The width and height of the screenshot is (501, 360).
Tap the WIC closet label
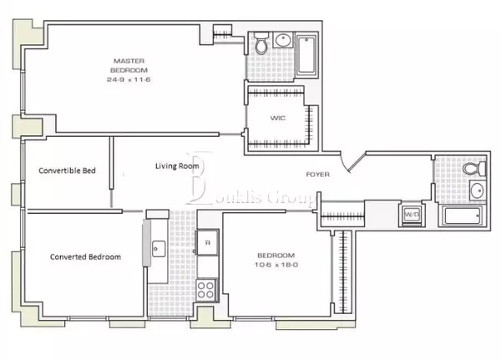[x=277, y=119]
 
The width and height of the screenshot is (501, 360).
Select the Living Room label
[x=176, y=166]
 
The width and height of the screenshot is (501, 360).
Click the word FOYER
[x=318, y=175]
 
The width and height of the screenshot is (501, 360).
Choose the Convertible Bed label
[x=68, y=171]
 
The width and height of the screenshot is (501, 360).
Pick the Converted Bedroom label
[x=85, y=257]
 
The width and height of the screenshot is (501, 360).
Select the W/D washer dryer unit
[x=412, y=215]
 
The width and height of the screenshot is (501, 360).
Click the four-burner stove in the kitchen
[x=207, y=289]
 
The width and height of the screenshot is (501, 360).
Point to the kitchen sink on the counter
[x=157, y=247]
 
